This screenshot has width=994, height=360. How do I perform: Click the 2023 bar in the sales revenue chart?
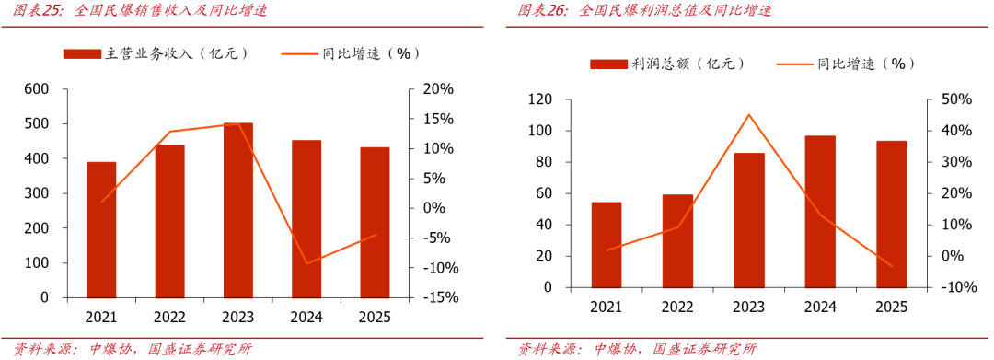click(x=238, y=211)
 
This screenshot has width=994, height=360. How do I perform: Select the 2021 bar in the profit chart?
click(x=606, y=245)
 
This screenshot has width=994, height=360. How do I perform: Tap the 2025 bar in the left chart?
click(x=375, y=223)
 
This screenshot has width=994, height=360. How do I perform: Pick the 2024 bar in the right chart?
click(x=820, y=212)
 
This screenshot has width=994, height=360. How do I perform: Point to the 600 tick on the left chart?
click(x=37, y=89)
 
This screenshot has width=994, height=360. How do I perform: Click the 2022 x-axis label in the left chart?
click(x=170, y=317)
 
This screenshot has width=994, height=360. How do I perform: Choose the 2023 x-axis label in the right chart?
click(x=749, y=307)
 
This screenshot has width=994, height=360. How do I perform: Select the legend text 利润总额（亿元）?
click(x=688, y=64)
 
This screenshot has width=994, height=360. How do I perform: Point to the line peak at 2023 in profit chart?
click(x=748, y=115)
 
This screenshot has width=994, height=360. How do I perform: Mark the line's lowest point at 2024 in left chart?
click(x=306, y=263)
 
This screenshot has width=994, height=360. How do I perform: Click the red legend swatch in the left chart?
click(x=82, y=54)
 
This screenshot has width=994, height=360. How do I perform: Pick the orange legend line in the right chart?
click(x=794, y=64)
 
